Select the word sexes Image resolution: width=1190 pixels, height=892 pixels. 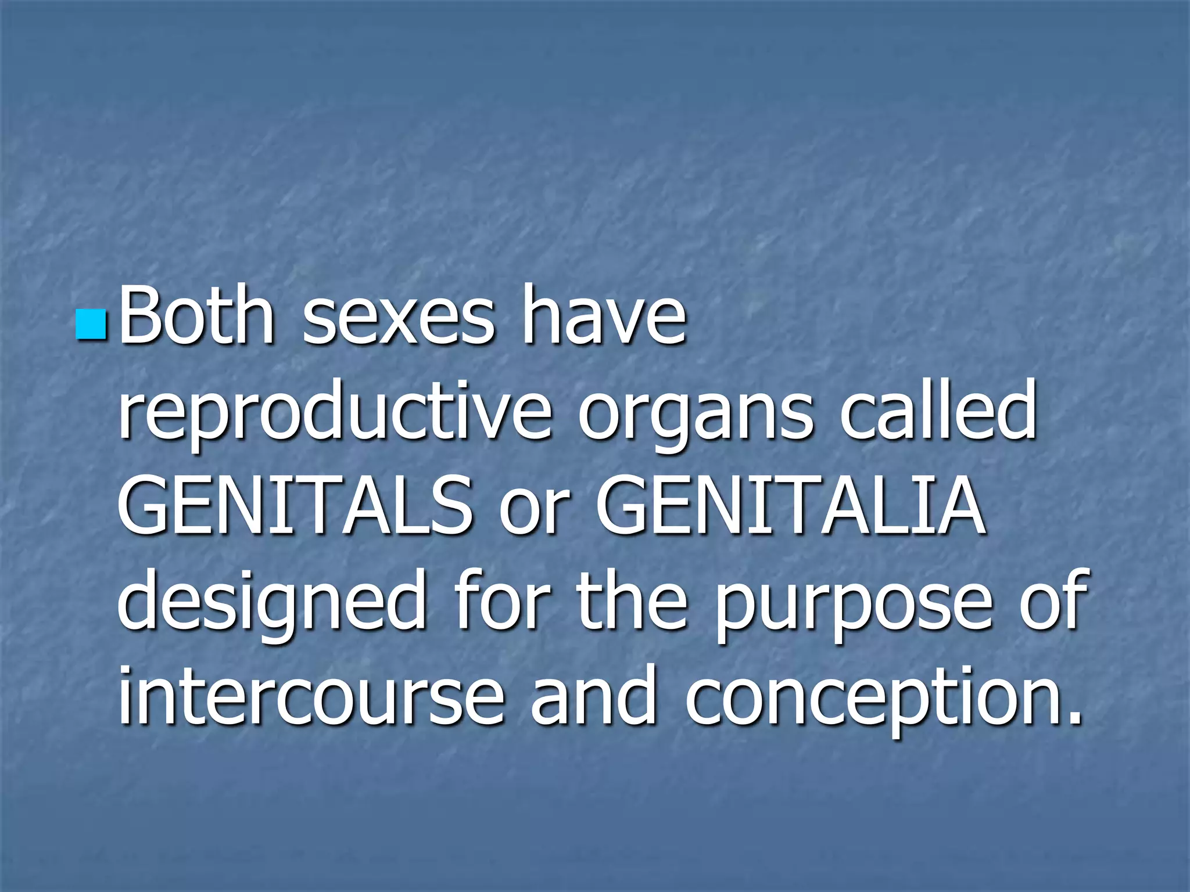[x=399, y=318]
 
